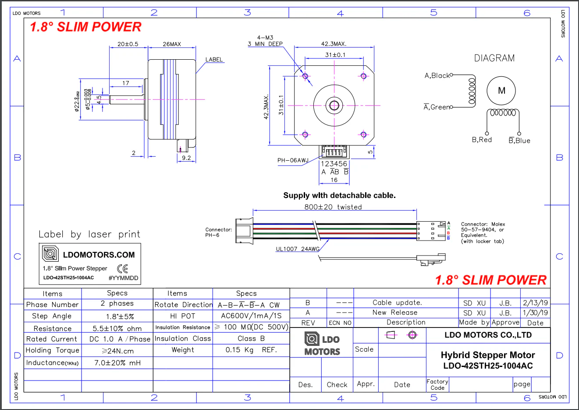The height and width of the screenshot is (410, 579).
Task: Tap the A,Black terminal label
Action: click(x=437, y=76)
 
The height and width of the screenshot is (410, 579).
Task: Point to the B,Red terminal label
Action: click(x=482, y=140)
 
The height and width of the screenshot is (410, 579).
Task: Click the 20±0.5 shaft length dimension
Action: click(x=128, y=44)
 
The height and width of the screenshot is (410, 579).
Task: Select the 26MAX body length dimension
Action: click(x=172, y=44)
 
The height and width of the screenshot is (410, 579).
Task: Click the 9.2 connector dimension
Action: click(x=186, y=158)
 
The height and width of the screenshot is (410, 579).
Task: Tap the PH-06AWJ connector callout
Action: click(x=293, y=160)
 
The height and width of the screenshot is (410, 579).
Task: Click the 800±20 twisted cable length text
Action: click(x=333, y=207)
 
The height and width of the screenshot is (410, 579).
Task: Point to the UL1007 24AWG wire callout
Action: click(x=298, y=249)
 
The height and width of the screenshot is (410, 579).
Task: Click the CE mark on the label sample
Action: click(x=123, y=269)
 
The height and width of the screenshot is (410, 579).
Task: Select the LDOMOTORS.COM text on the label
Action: click(x=99, y=255)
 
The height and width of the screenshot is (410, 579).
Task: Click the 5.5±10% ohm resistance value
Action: click(x=117, y=328)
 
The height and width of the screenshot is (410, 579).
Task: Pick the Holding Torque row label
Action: click(x=53, y=350)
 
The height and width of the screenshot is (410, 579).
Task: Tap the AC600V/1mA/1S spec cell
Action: click(x=251, y=316)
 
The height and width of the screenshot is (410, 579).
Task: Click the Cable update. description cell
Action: click(x=397, y=302)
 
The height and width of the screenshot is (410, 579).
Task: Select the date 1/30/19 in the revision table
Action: click(x=535, y=313)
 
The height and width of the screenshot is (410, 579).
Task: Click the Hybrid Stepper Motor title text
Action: click(x=488, y=355)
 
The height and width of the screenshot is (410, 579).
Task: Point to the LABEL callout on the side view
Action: click(x=214, y=60)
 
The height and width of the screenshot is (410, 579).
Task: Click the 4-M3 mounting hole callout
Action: click(x=265, y=38)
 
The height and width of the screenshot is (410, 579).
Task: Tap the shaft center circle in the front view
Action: click(x=334, y=105)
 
